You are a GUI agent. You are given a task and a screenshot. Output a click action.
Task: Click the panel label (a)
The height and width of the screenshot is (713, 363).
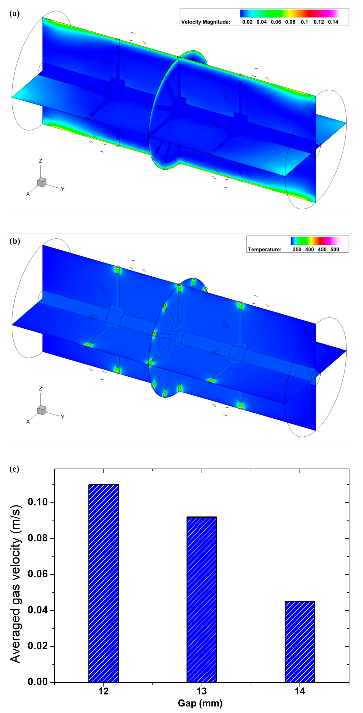14,14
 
